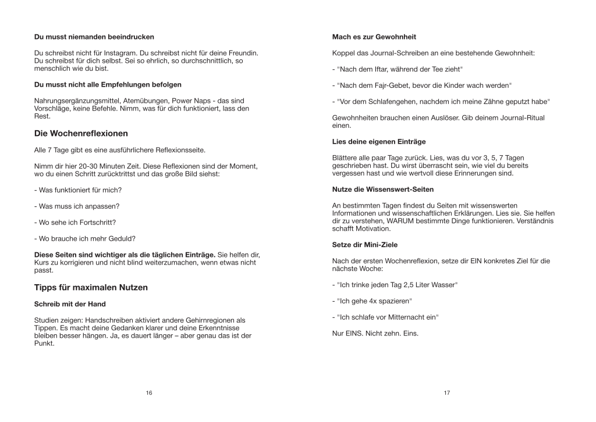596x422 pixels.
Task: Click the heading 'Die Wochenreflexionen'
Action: pos(81,133)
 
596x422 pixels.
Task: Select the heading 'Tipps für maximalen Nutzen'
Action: pos(91,287)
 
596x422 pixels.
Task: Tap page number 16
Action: pos(149,393)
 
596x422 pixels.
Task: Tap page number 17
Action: pos(447,393)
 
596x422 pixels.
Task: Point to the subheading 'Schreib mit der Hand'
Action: pos(70,304)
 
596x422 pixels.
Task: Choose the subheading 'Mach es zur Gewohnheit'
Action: pos(374,37)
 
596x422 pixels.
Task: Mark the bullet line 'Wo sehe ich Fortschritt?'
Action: pos(76,222)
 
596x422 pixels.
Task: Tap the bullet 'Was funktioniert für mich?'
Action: pos(78,189)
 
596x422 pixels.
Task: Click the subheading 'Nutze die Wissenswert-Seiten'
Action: pos(383,189)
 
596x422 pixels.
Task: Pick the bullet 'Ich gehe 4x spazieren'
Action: pos(372,301)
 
